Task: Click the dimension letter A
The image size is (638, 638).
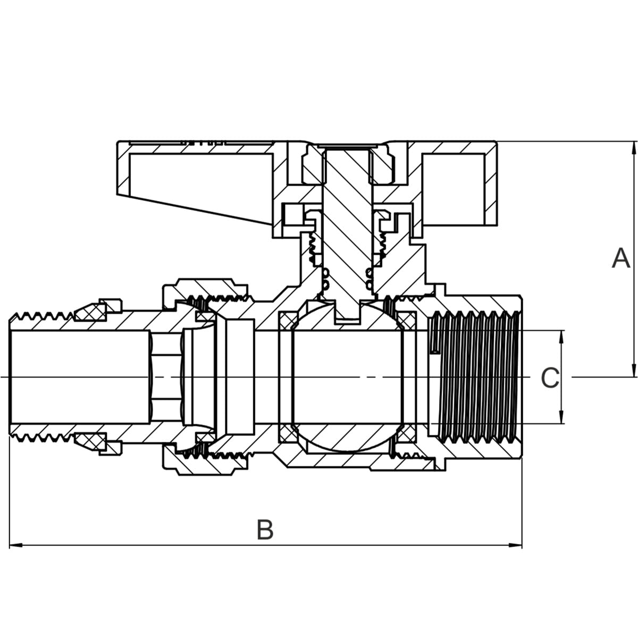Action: pyautogui.click(x=620, y=258)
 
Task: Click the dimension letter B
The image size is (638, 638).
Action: pyautogui.click(x=265, y=530)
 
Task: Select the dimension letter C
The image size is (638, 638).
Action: pyautogui.click(x=550, y=377)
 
